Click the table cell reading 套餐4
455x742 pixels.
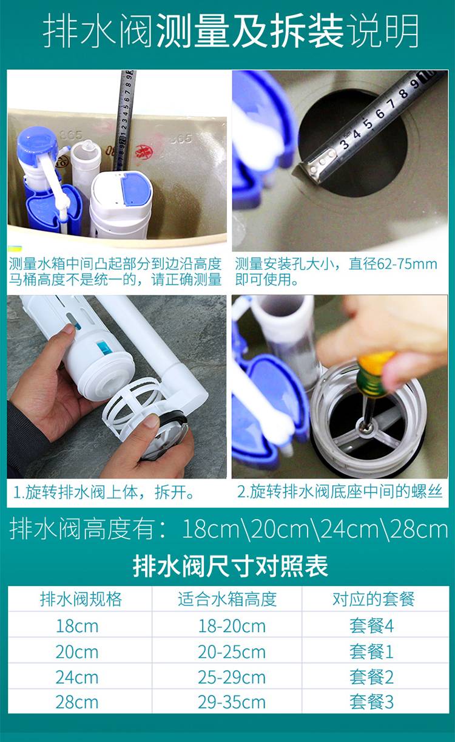tap(372, 626)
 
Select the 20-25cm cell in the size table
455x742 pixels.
tap(232, 652)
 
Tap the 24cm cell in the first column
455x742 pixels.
tap(77, 677)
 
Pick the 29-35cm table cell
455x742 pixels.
tap(232, 702)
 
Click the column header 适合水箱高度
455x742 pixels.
tap(227, 599)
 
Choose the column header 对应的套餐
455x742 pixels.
tap(374, 599)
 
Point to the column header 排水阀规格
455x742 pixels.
tap(81, 599)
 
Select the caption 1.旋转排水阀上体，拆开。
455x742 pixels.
tap(104, 492)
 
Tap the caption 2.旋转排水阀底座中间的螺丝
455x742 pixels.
tap(340, 492)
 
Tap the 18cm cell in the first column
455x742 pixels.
tap(77, 627)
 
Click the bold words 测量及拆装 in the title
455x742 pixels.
tap(249, 31)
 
